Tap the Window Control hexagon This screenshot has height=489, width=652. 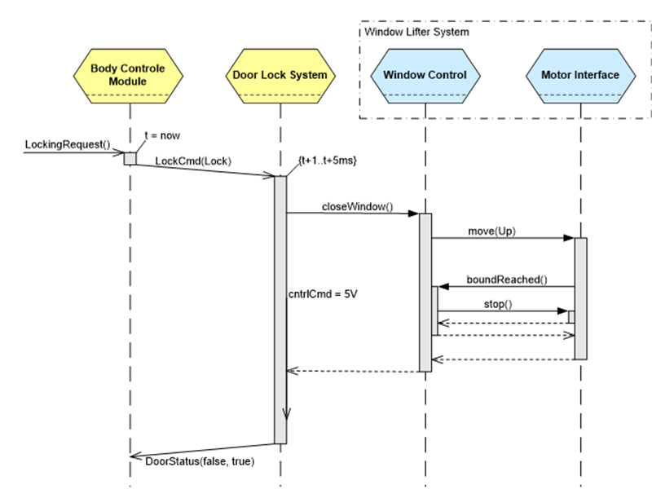click(425, 75)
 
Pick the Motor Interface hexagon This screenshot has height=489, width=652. click(579, 75)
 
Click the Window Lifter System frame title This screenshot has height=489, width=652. click(416, 32)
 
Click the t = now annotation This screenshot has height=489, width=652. click(161, 136)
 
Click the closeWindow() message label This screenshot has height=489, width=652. click(356, 206)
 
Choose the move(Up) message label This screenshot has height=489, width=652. click(492, 231)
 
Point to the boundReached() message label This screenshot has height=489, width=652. click(506, 280)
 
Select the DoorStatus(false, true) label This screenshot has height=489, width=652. click(200, 462)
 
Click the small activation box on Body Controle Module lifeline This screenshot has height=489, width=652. click(130, 157)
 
